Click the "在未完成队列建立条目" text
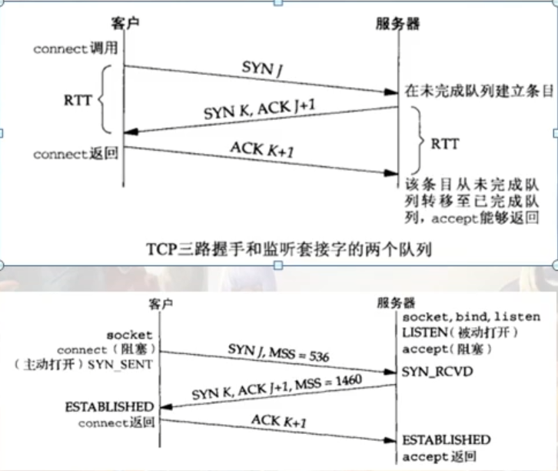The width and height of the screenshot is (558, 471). [479, 91]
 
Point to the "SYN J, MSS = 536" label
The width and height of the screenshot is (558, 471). [278, 352]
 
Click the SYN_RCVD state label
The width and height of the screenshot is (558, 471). [429, 372]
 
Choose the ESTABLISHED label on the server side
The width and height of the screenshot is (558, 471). [447, 439]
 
